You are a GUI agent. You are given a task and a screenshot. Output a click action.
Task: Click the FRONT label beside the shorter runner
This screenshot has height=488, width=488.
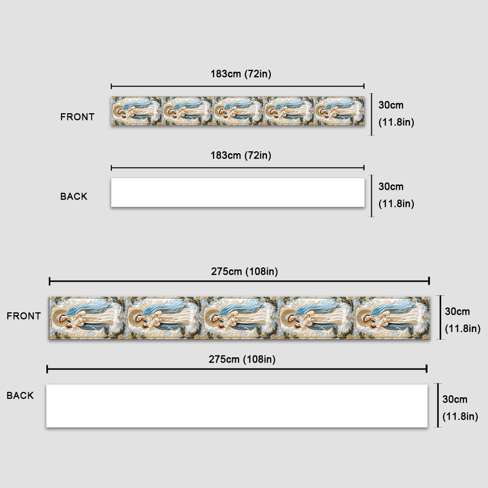point(77,117)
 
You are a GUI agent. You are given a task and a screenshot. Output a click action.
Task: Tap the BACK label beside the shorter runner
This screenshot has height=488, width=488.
point(74,196)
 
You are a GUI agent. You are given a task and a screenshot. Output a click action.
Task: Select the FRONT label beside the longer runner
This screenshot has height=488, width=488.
point(23,316)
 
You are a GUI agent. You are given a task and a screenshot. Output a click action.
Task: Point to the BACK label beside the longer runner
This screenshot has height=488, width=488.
point(20,396)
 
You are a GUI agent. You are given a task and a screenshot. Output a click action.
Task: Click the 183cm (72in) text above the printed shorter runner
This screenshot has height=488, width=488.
point(241,74)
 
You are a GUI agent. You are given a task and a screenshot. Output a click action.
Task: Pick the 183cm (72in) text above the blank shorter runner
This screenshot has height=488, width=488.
point(241,155)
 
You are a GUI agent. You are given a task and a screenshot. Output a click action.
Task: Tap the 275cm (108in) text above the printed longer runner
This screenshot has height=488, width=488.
point(244,271)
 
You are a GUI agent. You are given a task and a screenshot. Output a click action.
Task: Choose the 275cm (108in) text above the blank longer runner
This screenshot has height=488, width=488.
point(242,359)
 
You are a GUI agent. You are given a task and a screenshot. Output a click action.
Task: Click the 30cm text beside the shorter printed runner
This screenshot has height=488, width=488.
point(391,105)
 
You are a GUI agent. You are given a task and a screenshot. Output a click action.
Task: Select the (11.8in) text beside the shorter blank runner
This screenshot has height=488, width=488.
point(396,204)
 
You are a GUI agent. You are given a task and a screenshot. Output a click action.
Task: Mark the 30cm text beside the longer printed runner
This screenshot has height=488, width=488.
point(457,311)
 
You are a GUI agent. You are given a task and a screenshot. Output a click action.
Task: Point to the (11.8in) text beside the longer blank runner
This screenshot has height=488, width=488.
point(460,416)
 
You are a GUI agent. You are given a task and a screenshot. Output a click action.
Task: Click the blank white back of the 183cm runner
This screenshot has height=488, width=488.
point(238,192)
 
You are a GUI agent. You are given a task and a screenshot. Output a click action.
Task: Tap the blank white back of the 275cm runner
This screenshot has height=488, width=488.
point(237,406)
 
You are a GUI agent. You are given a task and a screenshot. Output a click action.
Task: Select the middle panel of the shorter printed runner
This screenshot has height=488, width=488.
point(238,111)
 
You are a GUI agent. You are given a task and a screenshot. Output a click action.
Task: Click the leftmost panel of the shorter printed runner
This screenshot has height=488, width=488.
point(137,111)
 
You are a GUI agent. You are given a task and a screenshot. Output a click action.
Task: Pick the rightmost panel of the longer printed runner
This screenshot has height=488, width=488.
point(392,318)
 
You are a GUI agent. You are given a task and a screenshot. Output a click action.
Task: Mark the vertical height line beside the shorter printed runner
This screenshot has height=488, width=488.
point(371,114)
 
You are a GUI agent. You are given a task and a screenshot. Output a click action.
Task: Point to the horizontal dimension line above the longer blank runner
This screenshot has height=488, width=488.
point(237,369)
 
